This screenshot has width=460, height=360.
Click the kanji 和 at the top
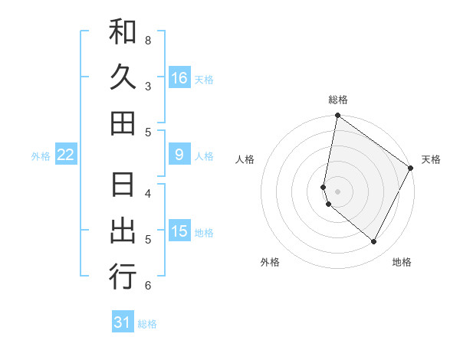coord(123,32)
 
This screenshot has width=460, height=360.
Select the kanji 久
coord(123,77)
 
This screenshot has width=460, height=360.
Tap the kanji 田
coord(123,123)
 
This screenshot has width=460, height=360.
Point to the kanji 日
coord(123,185)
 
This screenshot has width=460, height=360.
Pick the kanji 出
coord(123,231)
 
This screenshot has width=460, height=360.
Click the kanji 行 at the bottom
coord(123,277)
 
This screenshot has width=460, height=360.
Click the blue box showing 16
coord(179,78)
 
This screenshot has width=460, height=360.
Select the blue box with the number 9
coord(179,155)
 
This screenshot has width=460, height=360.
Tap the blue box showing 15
coord(179,231)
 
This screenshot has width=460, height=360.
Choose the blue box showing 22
coord(66,155)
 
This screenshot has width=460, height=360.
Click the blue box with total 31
coord(123,322)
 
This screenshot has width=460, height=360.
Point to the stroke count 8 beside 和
coord(148,40)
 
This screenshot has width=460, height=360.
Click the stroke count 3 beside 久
coord(148,86)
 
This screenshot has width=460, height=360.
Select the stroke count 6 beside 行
coord(148,286)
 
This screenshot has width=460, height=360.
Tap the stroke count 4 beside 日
coord(148,193)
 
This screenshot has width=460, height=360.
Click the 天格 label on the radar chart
coord(431,159)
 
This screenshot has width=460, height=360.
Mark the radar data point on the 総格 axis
coord(337,116)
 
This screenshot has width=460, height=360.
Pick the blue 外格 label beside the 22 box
coord(41,155)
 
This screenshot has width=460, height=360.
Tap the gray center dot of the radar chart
coord(337,191)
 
